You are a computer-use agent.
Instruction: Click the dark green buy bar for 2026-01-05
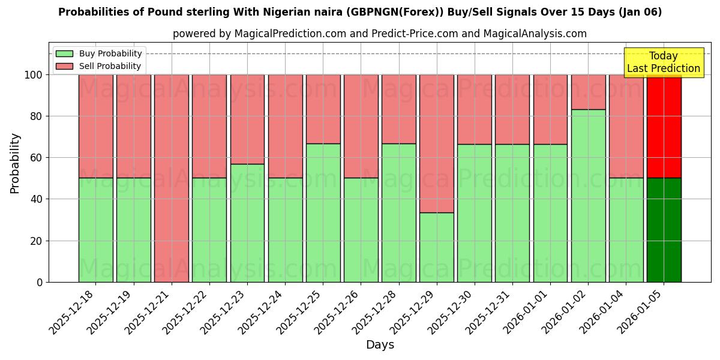tap(664, 230)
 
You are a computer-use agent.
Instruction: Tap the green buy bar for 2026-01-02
tap(588, 196)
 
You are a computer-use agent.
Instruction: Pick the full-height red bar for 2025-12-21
tap(172, 178)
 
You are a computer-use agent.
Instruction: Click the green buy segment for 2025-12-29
tap(437, 247)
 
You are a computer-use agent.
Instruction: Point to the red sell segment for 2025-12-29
tap(437, 143)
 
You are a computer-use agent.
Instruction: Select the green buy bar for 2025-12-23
tap(247, 223)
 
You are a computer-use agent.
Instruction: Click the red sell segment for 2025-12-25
tap(323, 109)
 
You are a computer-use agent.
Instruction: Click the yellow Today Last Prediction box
tap(663, 62)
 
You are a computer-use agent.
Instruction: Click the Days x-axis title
tap(380, 345)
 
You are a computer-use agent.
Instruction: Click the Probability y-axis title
tap(15, 163)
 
